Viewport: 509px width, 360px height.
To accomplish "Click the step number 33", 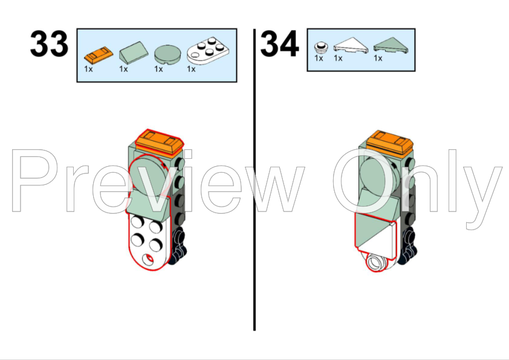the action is (x=50, y=43).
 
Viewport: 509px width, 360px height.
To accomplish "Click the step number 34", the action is (x=279, y=43).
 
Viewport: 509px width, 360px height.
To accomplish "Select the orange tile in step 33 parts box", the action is (x=99, y=55).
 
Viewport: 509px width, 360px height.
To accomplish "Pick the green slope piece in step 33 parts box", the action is (x=134, y=53).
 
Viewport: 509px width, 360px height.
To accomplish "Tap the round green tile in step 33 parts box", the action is (x=167, y=54).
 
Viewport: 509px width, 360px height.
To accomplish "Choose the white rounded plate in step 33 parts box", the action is (x=208, y=51).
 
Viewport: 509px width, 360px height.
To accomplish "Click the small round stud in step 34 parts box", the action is (x=321, y=47).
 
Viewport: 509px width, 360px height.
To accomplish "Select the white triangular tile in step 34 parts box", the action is (x=351, y=45).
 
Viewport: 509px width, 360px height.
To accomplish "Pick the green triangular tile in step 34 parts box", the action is (x=391, y=45).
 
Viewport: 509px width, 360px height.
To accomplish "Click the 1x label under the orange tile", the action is (x=88, y=69).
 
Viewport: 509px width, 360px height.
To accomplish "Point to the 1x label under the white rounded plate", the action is (x=191, y=69).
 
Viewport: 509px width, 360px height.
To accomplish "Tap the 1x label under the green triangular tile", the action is (x=378, y=58).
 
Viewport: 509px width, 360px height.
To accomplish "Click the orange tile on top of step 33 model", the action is (x=159, y=142).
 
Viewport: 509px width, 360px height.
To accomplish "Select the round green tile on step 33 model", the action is (x=149, y=175).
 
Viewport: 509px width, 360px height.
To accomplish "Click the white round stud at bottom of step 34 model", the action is (x=375, y=262).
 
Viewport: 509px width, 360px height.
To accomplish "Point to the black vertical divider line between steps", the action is (x=254, y=179).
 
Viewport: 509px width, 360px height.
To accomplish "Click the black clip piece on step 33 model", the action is (x=178, y=246).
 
